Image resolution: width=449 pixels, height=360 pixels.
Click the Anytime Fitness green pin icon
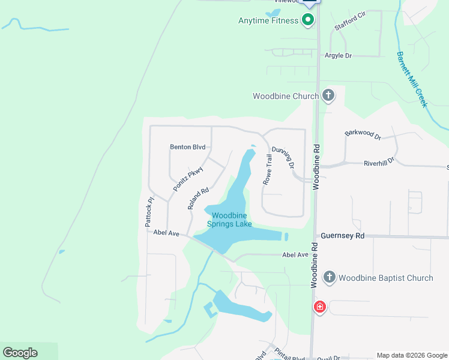click(x=308, y=20)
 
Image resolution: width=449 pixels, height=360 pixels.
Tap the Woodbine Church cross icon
click(x=328, y=95)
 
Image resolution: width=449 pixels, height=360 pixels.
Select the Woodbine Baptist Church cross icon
click(x=329, y=277)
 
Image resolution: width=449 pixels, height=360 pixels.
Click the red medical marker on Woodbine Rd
click(x=320, y=307)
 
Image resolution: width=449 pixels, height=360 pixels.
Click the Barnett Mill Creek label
click(x=412, y=79)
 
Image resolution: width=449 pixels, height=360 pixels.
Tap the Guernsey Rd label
click(x=343, y=236)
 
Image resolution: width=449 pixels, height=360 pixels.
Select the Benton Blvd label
click(x=188, y=147)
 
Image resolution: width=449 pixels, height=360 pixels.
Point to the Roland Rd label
click(x=197, y=199)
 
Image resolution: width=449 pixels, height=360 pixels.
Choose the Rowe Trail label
click(x=268, y=169)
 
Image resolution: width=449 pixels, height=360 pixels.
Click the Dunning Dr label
click(x=283, y=157)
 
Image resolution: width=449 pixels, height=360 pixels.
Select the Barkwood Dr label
click(x=363, y=135)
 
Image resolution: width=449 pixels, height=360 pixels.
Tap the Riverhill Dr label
click(x=379, y=161)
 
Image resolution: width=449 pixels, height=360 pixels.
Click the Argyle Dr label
click(x=338, y=56)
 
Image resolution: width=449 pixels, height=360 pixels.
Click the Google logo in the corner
click(x=20, y=353)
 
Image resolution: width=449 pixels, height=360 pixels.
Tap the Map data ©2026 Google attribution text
click(x=412, y=355)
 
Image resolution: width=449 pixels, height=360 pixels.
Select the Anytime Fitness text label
click(x=268, y=20)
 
